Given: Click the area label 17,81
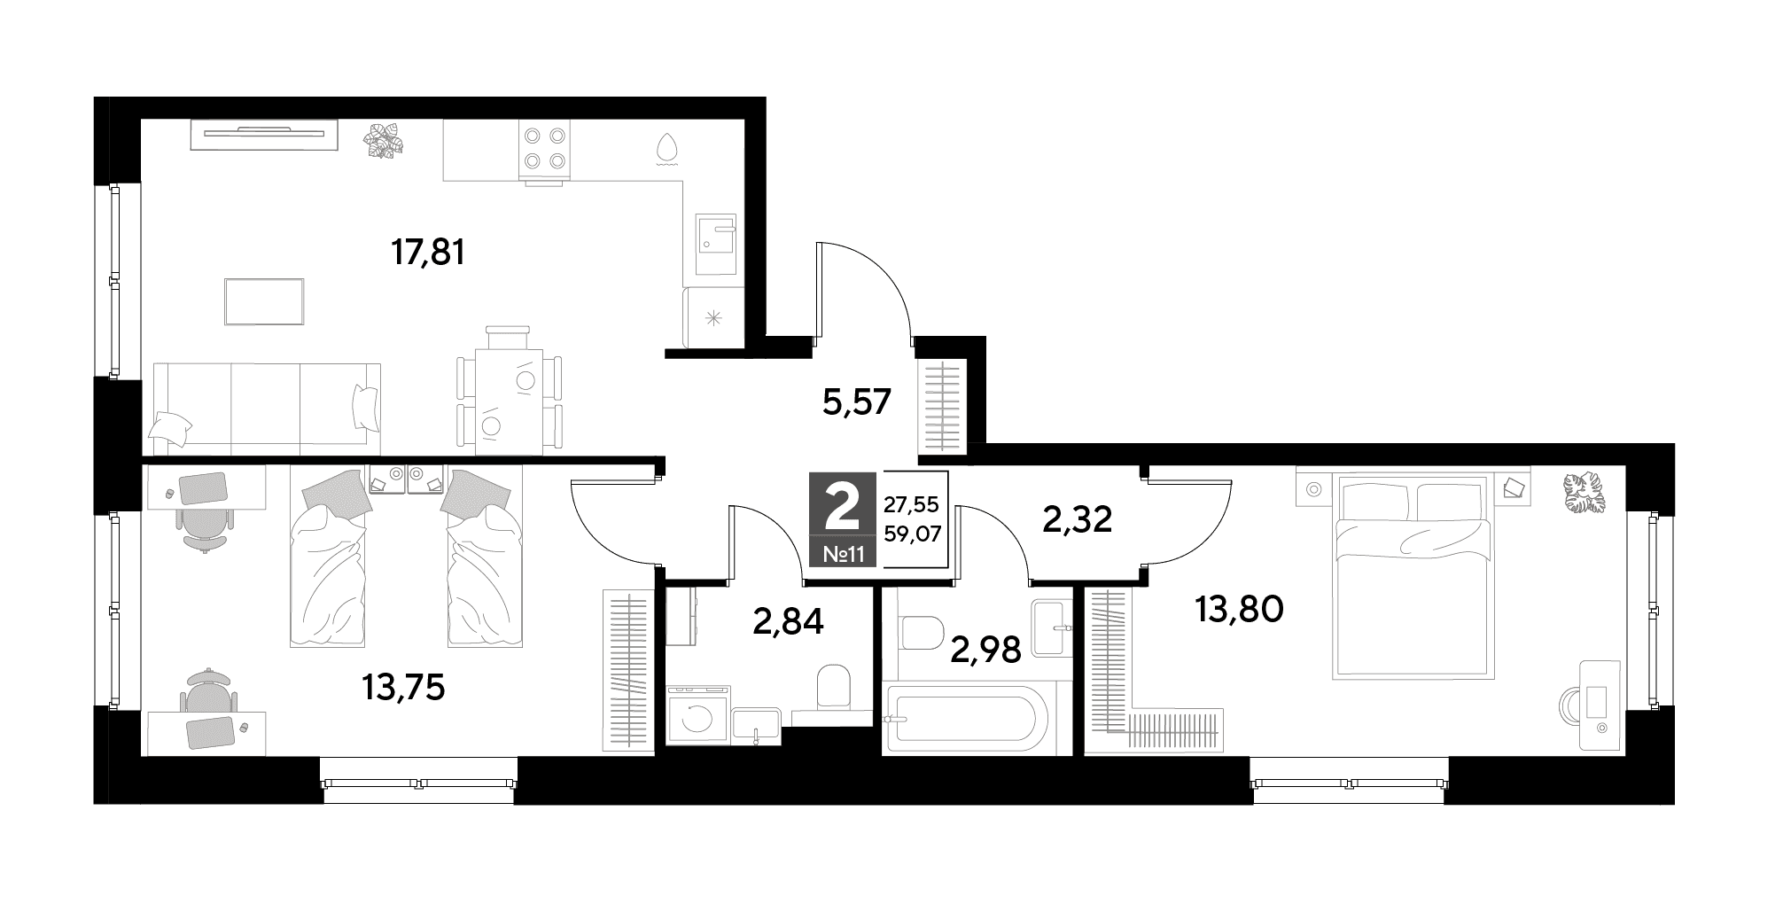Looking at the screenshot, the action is (x=428, y=253).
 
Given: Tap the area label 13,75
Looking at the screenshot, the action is (x=403, y=688).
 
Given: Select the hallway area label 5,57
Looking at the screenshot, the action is (x=856, y=403).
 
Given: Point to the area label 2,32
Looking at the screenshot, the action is (x=1077, y=519).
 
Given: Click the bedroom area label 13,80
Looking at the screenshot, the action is (x=1239, y=609).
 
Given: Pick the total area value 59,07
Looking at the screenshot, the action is (x=912, y=534).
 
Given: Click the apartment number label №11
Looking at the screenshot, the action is (x=843, y=556).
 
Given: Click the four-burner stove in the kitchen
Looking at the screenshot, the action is (x=544, y=149).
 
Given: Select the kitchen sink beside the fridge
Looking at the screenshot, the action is (x=715, y=245).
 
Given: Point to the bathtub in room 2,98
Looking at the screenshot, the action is (x=966, y=719).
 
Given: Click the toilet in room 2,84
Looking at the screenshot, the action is (x=832, y=686).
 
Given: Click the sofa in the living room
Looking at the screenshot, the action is (x=267, y=405).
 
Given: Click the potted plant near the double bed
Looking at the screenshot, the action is (x=1583, y=494).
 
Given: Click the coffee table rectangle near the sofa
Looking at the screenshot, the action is (x=264, y=302).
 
